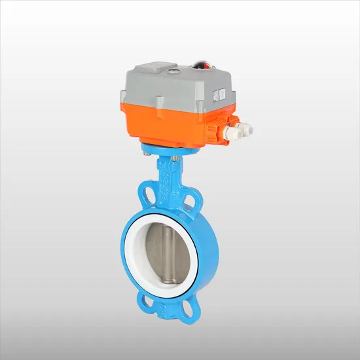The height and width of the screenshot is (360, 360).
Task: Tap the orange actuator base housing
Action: click(x=164, y=121)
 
